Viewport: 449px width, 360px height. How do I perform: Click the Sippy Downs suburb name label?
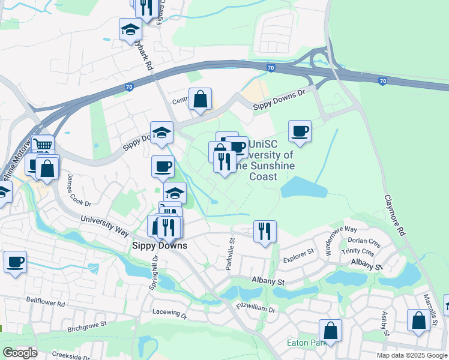159,245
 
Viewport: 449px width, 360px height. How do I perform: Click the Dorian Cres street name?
364,242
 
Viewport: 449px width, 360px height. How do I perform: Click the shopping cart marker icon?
43,145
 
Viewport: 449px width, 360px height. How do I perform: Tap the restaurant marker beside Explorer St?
265,230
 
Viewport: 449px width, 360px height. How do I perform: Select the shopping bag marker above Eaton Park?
330,329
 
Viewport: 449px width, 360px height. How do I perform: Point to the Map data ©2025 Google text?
412,355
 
